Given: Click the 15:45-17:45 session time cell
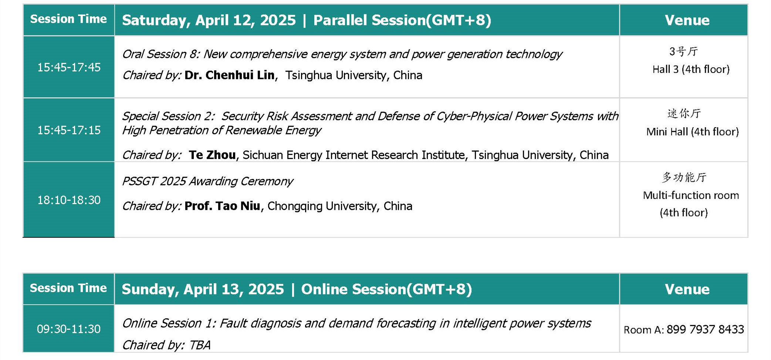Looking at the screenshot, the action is coord(69,67).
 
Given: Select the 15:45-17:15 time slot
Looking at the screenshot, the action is coord(69,130).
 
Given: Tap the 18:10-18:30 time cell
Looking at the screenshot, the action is coord(69,200).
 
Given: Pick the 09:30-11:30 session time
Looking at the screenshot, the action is coord(69,329).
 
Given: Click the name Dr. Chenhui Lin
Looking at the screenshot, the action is coord(230,75).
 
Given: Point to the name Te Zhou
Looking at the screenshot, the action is coord(212,155).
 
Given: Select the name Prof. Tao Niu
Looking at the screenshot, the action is coord(222,206).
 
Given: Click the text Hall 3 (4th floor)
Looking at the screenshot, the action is coord(691,69).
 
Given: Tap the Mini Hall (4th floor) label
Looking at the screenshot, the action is coord(692,132).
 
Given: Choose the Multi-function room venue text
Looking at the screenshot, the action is coord(691,195).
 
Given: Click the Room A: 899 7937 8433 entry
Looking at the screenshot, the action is coord(684,329).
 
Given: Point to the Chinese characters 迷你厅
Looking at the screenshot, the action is coord(684,113).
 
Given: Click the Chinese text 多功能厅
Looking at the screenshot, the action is coord(684,177).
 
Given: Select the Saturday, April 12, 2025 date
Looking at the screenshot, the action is coord(209,20).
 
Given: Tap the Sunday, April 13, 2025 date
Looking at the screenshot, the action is coord(203,289).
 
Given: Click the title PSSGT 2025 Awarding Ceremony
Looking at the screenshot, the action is coord(207,181).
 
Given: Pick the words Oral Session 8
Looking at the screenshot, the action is coord(160,54).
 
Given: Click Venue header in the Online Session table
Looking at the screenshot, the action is coord(687,289).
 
